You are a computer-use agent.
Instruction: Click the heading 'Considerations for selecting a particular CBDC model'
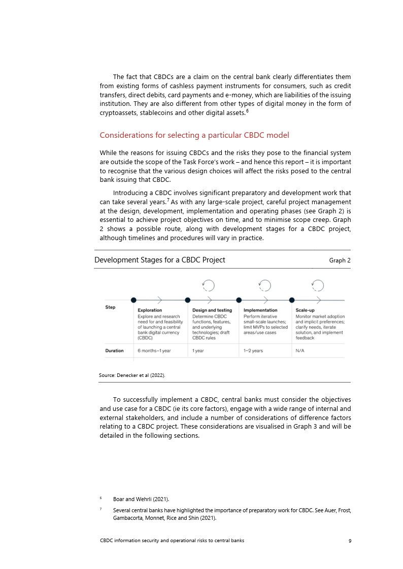pos(194,135)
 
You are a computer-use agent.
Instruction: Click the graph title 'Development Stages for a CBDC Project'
pos(160,260)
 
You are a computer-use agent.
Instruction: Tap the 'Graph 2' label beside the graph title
pos(340,260)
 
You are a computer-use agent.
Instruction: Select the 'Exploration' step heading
pos(150,310)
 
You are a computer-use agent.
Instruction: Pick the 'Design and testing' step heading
pos(212,310)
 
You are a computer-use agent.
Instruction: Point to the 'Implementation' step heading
pos(260,310)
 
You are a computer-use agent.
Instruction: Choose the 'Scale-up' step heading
pos(305,310)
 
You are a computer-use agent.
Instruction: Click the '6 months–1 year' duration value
pos(154,351)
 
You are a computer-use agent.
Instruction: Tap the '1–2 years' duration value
pos(253,351)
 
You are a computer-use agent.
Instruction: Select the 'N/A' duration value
pos(300,351)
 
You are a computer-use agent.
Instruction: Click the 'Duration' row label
pos(114,351)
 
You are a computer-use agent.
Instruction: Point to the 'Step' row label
pos(110,307)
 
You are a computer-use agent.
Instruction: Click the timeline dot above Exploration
pos(133,300)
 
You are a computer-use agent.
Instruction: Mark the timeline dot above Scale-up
pos(292,300)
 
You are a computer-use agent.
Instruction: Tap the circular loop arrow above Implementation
pos(264,286)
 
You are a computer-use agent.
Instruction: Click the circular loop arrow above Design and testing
pos(208,286)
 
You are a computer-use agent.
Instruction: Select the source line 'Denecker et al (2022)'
pos(132,375)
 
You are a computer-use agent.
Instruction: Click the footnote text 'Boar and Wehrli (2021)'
pos(141,500)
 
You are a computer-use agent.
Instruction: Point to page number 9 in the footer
pos(350,541)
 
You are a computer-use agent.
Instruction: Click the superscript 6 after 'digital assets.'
pos(247,111)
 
